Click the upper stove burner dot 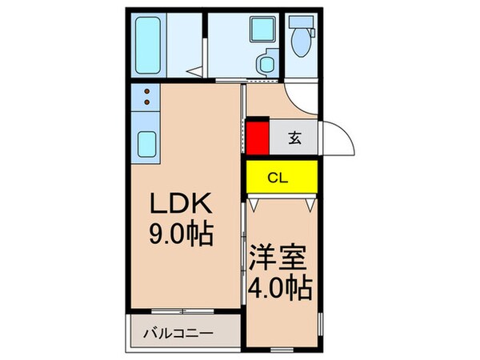click(147, 94)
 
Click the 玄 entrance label click(294, 137)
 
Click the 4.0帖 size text click(279, 285)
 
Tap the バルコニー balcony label click(178, 332)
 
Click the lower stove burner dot click(147, 105)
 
